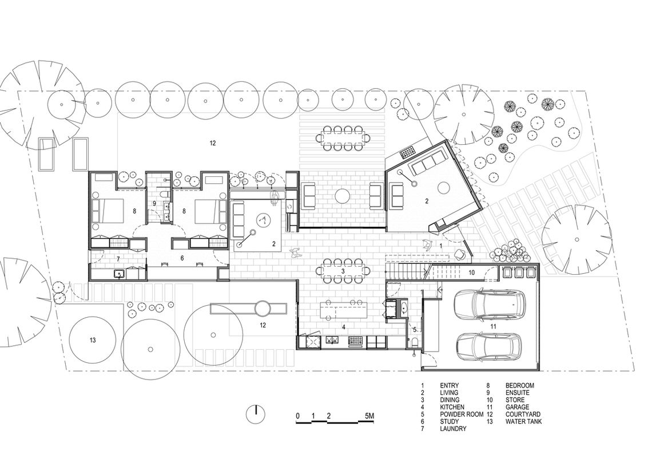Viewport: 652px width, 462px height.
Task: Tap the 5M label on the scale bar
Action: [x=369, y=416]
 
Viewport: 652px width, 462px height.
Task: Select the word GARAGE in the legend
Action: [x=517, y=407]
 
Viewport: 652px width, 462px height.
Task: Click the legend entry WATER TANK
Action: [x=523, y=421]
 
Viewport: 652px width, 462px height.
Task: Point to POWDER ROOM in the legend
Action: [x=462, y=414]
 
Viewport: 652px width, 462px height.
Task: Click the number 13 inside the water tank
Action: [x=92, y=340]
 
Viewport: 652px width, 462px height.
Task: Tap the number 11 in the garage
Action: [x=493, y=327]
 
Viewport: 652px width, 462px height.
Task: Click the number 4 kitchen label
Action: [x=344, y=327]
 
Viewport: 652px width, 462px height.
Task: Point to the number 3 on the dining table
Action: [x=343, y=271]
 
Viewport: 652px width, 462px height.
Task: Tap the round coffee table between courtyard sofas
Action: [x=343, y=195]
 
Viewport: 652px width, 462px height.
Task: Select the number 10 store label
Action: [x=471, y=273]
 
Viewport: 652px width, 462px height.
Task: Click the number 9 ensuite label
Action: [x=154, y=204]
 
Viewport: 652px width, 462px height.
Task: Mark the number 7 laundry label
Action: [x=118, y=259]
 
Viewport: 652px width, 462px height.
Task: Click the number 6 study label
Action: [x=182, y=258]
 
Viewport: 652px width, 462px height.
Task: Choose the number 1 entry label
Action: [x=441, y=246]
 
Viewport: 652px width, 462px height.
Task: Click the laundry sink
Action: [x=120, y=274]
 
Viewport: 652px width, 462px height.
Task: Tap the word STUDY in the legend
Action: [x=449, y=421]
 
